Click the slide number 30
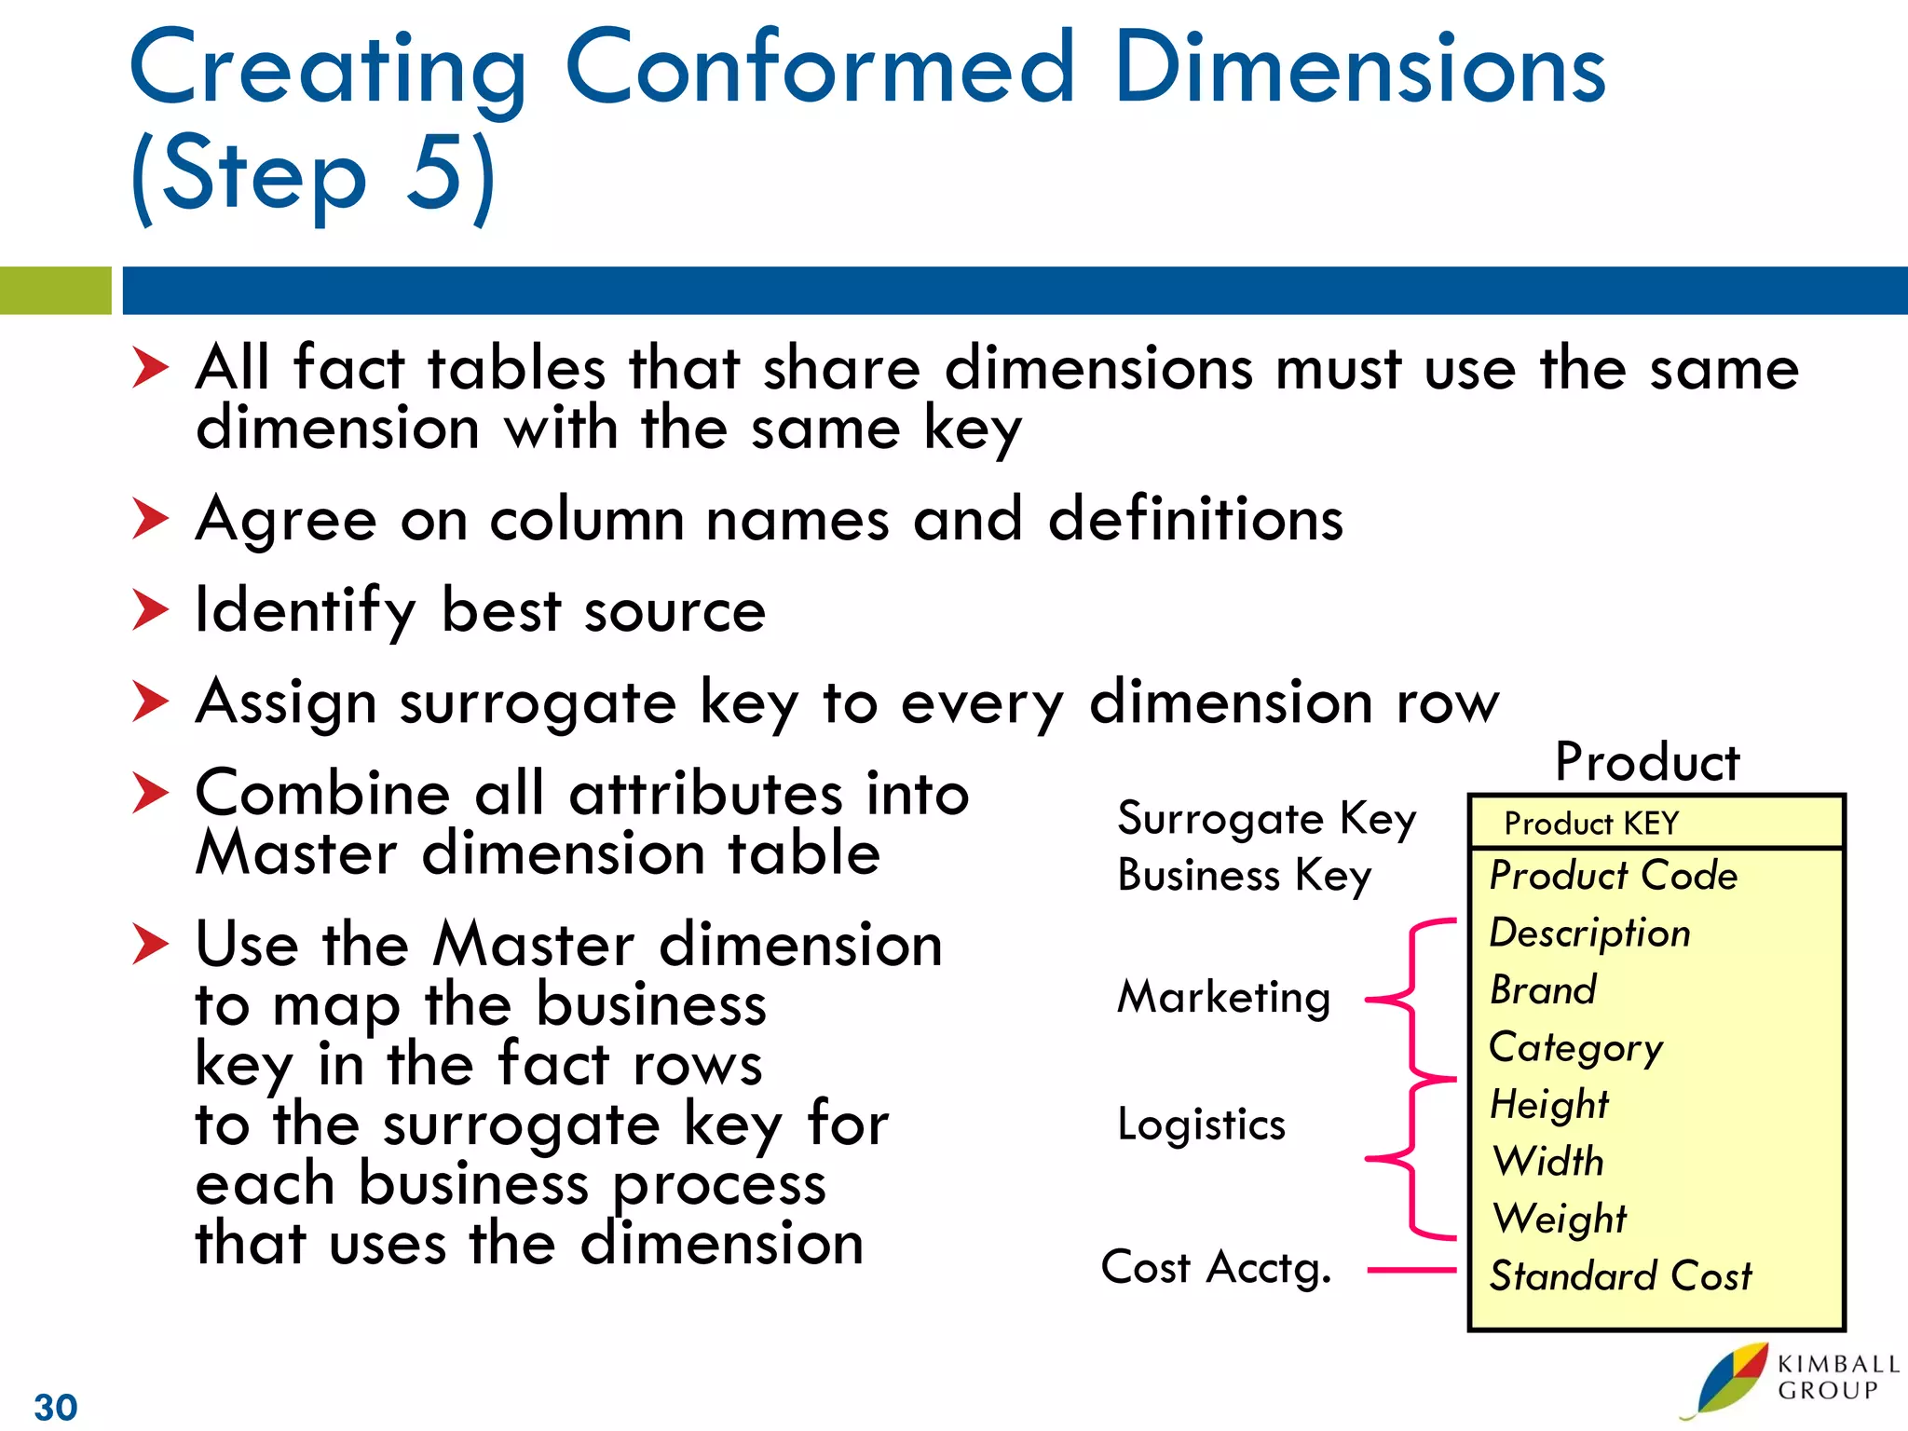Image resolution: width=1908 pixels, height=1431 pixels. coord(56,1407)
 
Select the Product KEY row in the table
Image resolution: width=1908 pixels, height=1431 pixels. coord(1590,824)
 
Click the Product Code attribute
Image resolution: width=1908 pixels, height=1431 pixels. coord(1613,876)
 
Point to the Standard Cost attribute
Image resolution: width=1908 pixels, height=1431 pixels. coord(1620,1275)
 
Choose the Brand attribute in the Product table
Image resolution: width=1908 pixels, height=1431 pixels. coord(1543,989)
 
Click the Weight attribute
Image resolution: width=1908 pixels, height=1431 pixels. coord(1559,1219)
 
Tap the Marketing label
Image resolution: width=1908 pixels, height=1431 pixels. coord(1223,997)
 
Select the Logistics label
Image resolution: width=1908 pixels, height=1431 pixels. coord(1201,1124)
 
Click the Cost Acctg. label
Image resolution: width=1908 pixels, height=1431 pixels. coord(1216,1268)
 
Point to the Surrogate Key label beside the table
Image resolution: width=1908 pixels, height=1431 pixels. coord(1266,820)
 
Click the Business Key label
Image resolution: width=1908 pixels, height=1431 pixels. coord(1244,877)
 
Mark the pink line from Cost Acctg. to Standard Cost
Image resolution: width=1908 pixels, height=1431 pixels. coord(1411,1269)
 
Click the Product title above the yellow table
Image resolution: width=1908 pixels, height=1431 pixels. coord(1647,762)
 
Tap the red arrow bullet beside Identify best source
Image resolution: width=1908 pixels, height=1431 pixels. coord(150,610)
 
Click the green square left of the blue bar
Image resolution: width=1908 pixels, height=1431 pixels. coord(55,291)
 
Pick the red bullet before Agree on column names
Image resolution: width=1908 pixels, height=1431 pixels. coord(150,519)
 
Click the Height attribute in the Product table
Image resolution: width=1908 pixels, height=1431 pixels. coord(1548,1104)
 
